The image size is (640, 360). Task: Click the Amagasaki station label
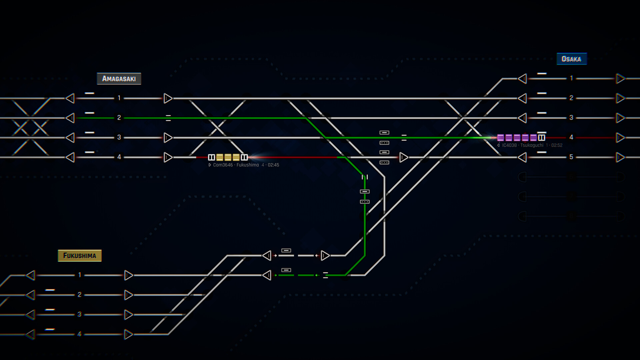pyautogui.click(x=119, y=79)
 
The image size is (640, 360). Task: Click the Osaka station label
pyautogui.click(x=571, y=59)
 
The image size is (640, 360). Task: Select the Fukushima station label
pyautogui.click(x=80, y=256)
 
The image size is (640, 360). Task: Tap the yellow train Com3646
pyautogui.click(x=228, y=157)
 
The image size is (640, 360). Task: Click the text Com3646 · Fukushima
pyautogui.click(x=236, y=165)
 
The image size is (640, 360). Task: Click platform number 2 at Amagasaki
pyautogui.click(x=119, y=118)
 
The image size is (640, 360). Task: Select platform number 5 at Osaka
pyautogui.click(x=571, y=157)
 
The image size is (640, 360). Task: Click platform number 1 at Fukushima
pyautogui.click(x=79, y=275)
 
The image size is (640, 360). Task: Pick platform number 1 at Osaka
pyautogui.click(x=571, y=78)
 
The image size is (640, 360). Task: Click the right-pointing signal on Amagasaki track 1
pyautogui.click(x=168, y=98)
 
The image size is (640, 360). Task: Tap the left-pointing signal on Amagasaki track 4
pyautogui.click(x=70, y=157)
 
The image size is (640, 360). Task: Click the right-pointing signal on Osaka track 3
pyautogui.click(x=620, y=118)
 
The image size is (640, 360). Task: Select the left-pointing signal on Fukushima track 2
pyautogui.click(x=31, y=295)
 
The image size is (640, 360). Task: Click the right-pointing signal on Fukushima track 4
pyautogui.click(x=128, y=334)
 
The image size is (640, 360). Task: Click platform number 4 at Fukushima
pyautogui.click(x=79, y=334)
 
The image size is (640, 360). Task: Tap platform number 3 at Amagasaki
pyautogui.click(x=119, y=137)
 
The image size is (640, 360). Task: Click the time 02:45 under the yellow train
pyautogui.click(x=273, y=165)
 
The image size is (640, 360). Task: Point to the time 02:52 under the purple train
pyautogui.click(x=557, y=145)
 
